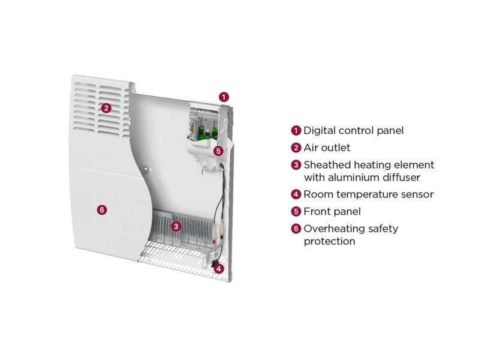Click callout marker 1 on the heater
point(223,96)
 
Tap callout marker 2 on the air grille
point(106,109)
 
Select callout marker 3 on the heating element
point(176,226)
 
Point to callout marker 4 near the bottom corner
point(219,269)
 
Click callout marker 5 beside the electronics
point(218,151)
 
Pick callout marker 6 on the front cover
point(102,209)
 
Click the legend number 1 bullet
point(296,130)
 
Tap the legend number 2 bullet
point(296,147)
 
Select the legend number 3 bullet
point(296,164)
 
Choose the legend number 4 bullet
point(296,194)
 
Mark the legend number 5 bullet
point(296,211)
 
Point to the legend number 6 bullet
point(296,229)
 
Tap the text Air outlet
point(327,147)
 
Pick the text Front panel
point(332,211)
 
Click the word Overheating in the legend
point(333,229)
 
